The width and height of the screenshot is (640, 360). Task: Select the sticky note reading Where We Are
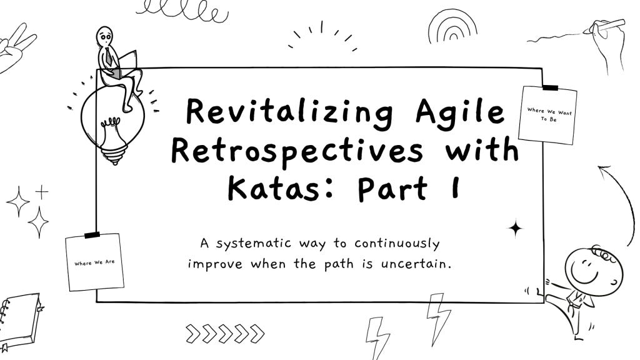pyautogui.click(x=94, y=262)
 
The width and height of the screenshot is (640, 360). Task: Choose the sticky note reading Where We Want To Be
pyautogui.click(x=547, y=115)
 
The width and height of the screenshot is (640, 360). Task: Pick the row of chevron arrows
pyautogui.click(x=226, y=333)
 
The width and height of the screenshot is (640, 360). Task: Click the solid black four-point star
pyautogui.click(x=516, y=229)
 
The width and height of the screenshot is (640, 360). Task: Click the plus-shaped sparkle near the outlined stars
pyautogui.click(x=42, y=191)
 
